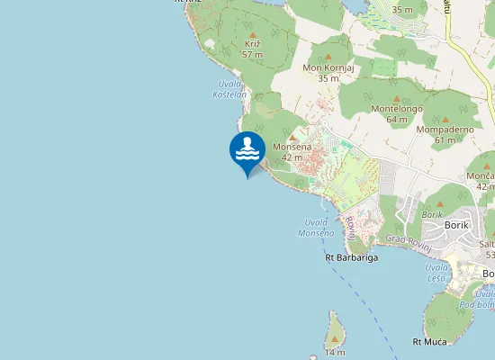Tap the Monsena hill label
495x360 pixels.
pyautogui.click(x=292, y=147)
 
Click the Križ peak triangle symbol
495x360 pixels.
pyautogui.click(x=253, y=35)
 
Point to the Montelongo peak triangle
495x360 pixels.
pyautogui.click(x=396, y=98)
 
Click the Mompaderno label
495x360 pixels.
pyautogui.click(x=445, y=129)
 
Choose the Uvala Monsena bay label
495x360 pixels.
pyautogui.click(x=316, y=227)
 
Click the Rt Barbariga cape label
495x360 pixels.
pyautogui.click(x=351, y=257)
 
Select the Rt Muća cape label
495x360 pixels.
pyautogui.click(x=429, y=341)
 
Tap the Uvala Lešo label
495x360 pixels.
pyautogui.click(x=436, y=272)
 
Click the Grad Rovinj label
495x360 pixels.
pyautogui.click(x=409, y=238)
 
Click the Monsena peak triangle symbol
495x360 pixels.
pyautogui.click(x=292, y=137)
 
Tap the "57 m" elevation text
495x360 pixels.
pyautogui.click(x=253, y=55)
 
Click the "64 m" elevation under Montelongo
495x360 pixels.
pyautogui.click(x=397, y=119)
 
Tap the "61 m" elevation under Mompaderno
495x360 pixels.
pyautogui.click(x=445, y=139)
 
